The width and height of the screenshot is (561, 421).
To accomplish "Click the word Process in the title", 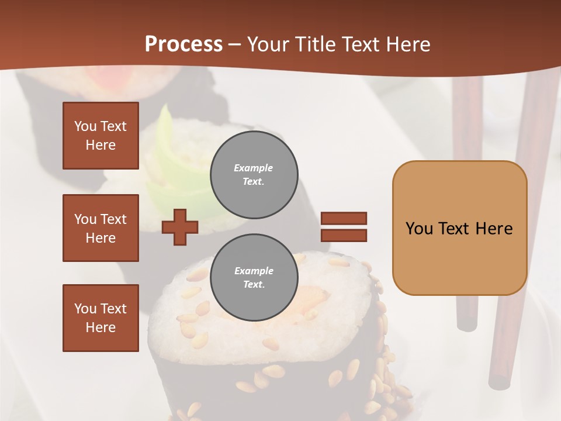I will [x=183, y=44].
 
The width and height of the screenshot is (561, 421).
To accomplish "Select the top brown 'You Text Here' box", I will [x=101, y=136].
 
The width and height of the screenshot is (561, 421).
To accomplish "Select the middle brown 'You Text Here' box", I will [x=101, y=228].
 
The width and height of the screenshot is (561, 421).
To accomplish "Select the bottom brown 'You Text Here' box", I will [x=101, y=318].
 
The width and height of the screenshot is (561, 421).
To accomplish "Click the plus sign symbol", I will [x=180, y=227].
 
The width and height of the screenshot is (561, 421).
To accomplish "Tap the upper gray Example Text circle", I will [x=254, y=175].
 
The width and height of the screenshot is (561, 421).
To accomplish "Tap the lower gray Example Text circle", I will [x=254, y=278].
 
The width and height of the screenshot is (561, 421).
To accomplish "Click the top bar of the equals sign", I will [x=344, y=218].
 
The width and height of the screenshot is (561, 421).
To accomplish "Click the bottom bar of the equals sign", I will [x=344, y=236].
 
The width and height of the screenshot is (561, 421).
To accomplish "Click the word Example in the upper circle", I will [x=254, y=168].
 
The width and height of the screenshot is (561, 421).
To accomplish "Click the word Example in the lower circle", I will [x=254, y=271].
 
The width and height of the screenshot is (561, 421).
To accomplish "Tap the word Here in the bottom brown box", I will [x=101, y=327].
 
